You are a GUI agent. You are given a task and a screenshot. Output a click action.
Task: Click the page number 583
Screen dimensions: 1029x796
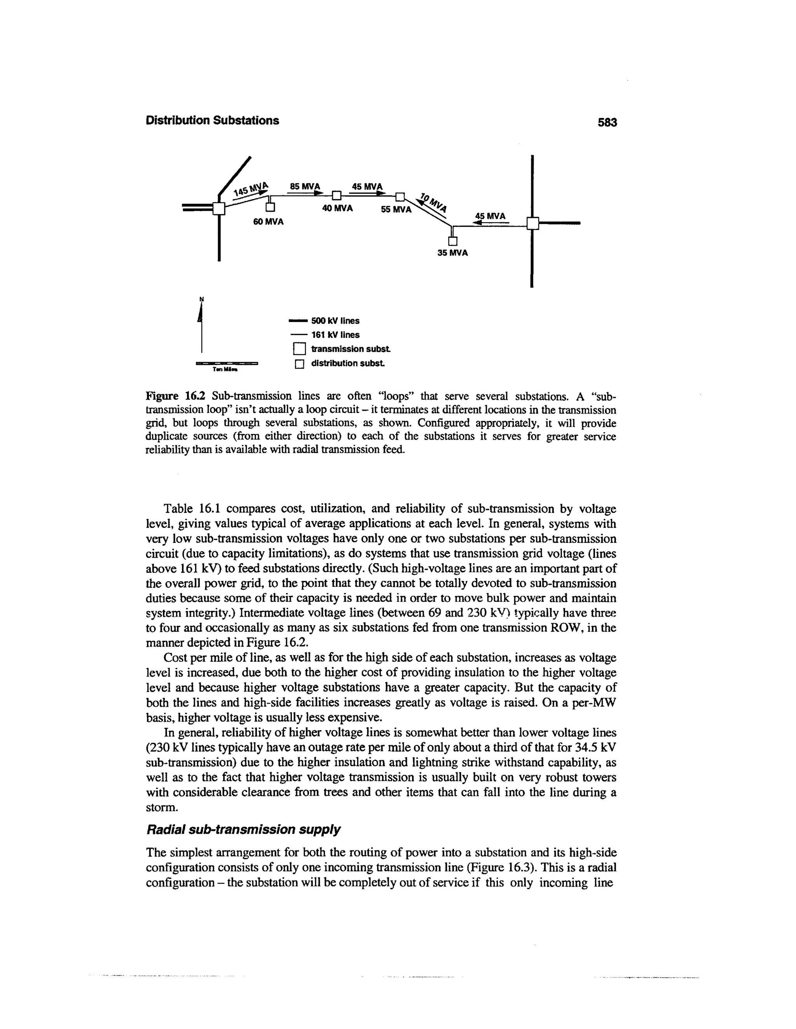(x=607, y=122)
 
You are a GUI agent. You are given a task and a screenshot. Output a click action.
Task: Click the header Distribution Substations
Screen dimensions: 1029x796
(x=212, y=121)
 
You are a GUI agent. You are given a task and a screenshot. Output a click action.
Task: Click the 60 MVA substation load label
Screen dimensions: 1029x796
(x=268, y=221)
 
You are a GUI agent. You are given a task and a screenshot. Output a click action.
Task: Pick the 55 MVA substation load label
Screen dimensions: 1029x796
(x=396, y=210)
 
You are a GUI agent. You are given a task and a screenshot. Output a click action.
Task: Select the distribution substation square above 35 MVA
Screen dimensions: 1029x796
(x=453, y=241)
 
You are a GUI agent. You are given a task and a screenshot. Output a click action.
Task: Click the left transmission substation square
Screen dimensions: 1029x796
(x=218, y=208)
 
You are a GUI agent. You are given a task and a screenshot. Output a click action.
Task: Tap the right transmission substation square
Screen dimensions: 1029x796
(x=532, y=223)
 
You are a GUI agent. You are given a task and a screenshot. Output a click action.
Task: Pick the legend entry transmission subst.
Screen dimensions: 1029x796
(x=350, y=349)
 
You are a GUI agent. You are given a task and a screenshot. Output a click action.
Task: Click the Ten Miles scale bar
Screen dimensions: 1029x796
(x=227, y=364)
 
